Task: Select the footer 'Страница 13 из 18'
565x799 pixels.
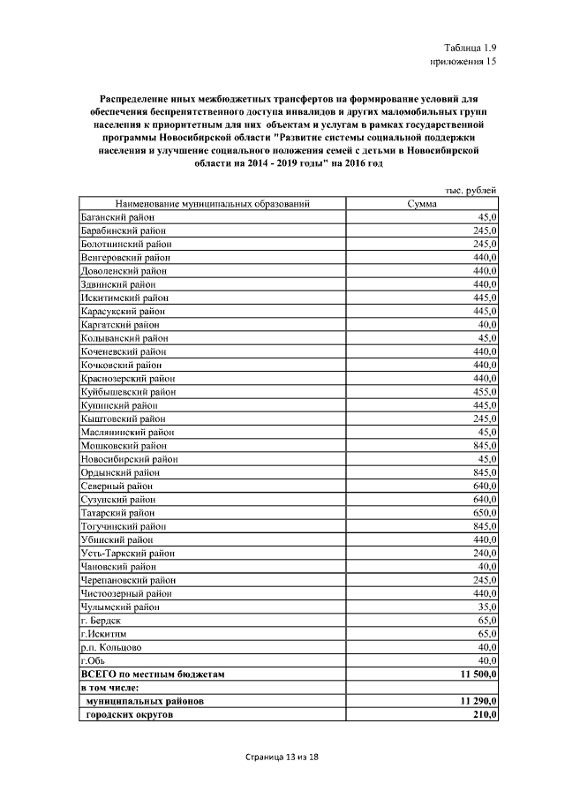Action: [282, 758]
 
